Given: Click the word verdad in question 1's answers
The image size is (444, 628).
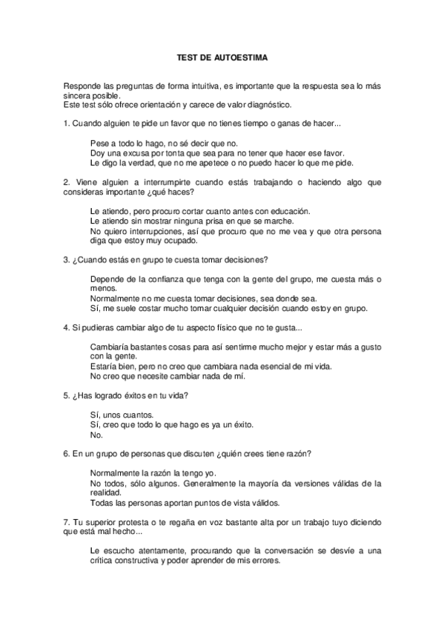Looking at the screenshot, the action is point(150,162).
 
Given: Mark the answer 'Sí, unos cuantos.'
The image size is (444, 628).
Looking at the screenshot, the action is point(121,415).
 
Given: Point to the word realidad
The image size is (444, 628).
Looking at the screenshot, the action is point(105,492).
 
